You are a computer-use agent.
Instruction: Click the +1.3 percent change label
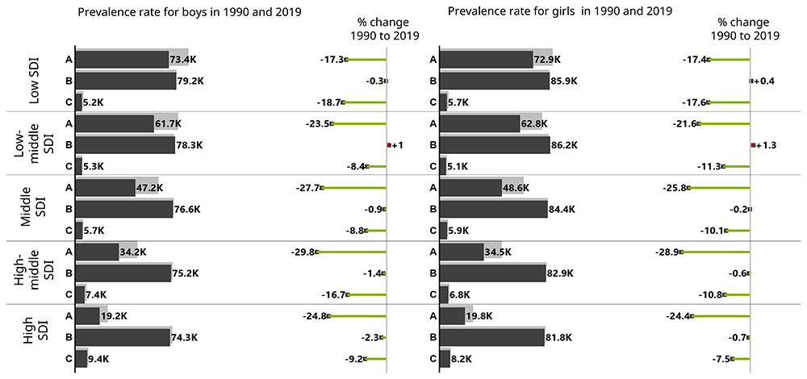pyautogui.click(x=767, y=145)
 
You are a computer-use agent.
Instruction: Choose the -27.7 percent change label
pyautogui.click(x=307, y=188)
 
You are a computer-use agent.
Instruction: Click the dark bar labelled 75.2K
pyautogui.click(x=123, y=273)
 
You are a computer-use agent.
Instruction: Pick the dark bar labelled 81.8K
pyautogui.click(x=492, y=337)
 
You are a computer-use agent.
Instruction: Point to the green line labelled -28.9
pyautogui.click(x=717, y=252)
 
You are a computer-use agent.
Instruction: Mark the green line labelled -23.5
pyautogui.click(x=359, y=123)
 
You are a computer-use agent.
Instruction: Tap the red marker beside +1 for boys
pyautogui.click(x=388, y=145)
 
